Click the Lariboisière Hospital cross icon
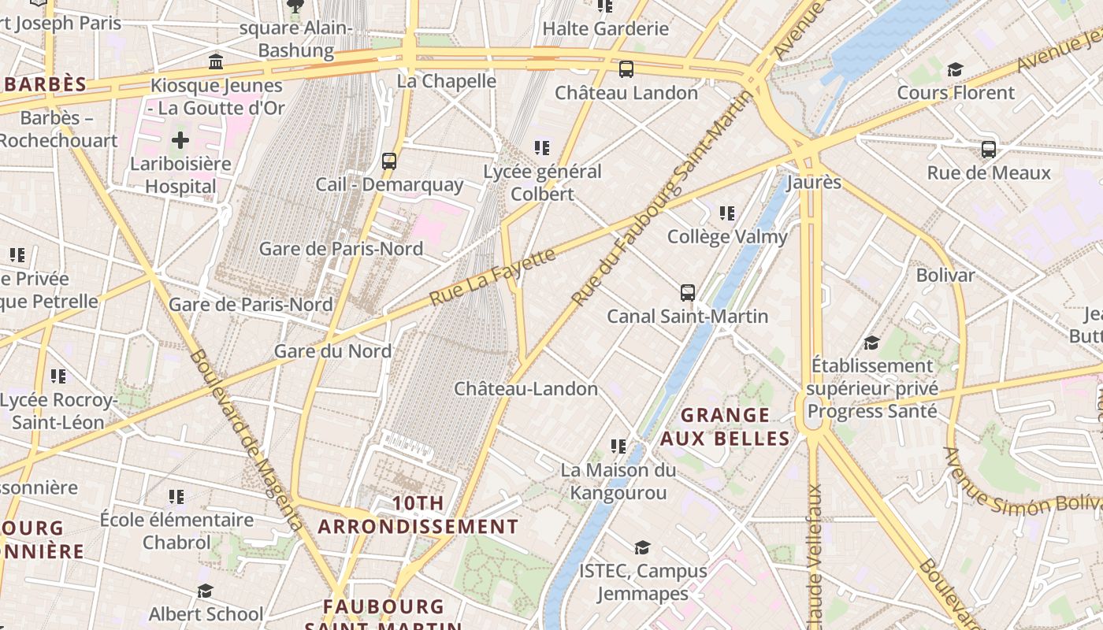(x=180, y=141)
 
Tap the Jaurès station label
(x=814, y=183)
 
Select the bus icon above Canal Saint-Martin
(x=688, y=293)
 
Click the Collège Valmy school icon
(x=727, y=213)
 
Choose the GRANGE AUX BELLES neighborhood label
(x=725, y=427)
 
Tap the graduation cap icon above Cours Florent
(x=955, y=70)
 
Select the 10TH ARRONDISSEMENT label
(x=418, y=515)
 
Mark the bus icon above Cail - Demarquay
(x=389, y=161)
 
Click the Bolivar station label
(x=945, y=276)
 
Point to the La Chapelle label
(x=446, y=81)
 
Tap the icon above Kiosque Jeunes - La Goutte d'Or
(x=216, y=61)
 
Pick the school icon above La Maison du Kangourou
(x=618, y=447)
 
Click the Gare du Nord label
(x=332, y=351)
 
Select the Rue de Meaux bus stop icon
(x=989, y=149)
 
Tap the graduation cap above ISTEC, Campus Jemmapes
(x=643, y=547)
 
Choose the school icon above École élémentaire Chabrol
(x=176, y=497)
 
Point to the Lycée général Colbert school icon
(x=542, y=148)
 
